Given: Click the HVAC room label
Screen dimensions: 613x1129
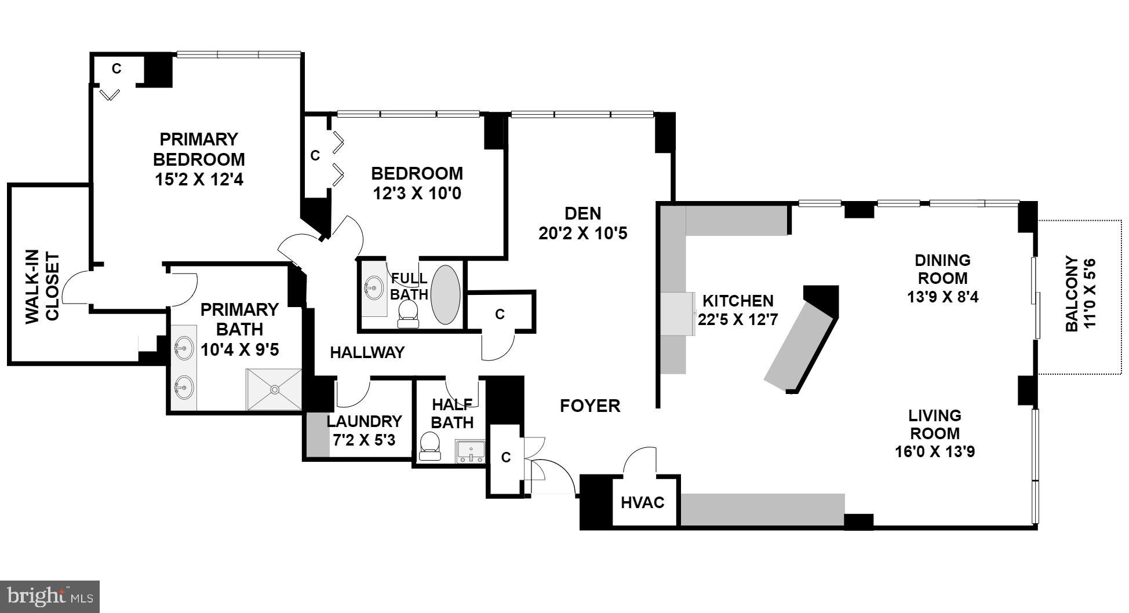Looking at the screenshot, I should (x=642, y=502).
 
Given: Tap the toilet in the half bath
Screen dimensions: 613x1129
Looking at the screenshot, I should (x=430, y=447).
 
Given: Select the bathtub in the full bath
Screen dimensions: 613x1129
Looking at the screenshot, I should (x=445, y=295).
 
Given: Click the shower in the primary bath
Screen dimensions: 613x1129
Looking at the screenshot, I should (x=274, y=389).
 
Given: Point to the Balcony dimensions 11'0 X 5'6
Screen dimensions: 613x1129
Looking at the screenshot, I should (x=1090, y=294).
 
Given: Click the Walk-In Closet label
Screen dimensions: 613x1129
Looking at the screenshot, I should (x=43, y=286).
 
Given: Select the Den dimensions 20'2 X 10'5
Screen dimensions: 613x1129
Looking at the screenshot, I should (x=582, y=233).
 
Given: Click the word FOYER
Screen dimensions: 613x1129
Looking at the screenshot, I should (x=590, y=406).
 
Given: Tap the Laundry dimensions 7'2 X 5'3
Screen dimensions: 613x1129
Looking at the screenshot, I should (x=364, y=440).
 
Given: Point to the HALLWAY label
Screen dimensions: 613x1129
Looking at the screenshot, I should (x=367, y=352).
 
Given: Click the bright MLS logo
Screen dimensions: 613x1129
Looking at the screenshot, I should (x=50, y=596).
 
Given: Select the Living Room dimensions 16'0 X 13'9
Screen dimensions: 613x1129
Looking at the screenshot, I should (x=934, y=451).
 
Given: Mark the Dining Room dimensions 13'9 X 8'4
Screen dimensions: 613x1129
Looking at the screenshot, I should (x=942, y=297).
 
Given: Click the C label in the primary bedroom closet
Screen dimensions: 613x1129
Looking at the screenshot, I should (x=116, y=69).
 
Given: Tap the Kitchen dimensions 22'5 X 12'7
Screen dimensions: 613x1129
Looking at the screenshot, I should (x=737, y=319).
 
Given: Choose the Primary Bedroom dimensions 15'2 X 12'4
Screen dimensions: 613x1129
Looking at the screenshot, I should (x=199, y=179).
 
